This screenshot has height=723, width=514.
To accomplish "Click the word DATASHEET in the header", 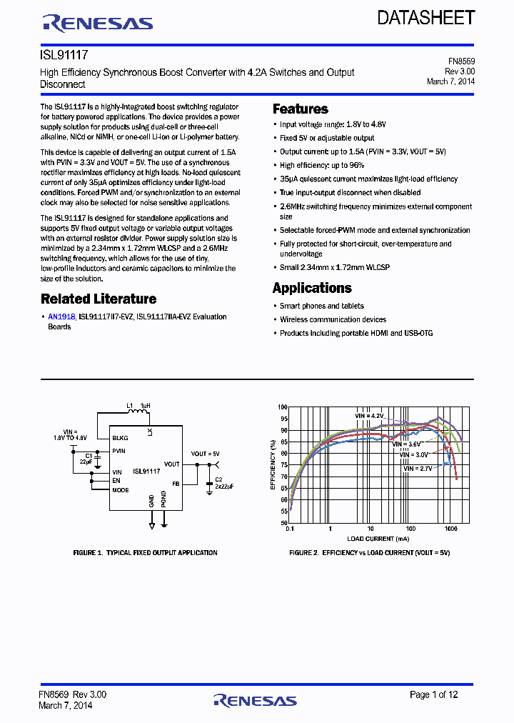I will point(426,18).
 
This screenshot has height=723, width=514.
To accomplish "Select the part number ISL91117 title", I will point(64,54).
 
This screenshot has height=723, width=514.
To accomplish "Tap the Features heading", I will point(301,109).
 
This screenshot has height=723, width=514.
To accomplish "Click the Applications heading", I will point(312,288).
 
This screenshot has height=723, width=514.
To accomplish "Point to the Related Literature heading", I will point(99,299).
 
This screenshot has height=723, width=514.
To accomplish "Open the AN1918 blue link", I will point(61,316).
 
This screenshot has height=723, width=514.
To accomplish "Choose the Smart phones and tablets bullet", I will point(321,306).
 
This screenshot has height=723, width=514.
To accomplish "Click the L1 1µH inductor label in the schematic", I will point(138,406).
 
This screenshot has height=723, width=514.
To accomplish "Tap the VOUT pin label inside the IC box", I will point(171,464).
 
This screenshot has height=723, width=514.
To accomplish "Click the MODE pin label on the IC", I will point(120,490).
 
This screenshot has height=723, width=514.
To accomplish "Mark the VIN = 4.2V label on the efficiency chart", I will point(370,415).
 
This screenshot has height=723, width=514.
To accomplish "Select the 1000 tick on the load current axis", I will point(450,530).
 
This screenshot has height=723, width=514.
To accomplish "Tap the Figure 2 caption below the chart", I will point(369,553).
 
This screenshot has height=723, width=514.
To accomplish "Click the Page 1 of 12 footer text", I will point(434,694).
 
